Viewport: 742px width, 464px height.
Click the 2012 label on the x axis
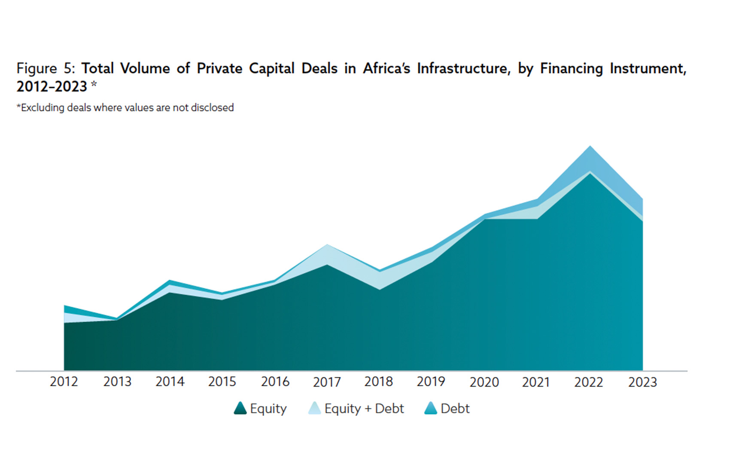pos(64,382)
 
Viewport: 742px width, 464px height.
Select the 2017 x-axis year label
pos(327,382)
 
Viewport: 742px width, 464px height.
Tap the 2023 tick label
pos(642,382)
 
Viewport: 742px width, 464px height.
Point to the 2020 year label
pos(484,382)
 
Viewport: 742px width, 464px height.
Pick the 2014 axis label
pos(170,382)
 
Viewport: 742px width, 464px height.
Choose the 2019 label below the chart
pos(431,382)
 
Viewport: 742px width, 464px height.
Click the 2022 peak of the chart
pos(590,147)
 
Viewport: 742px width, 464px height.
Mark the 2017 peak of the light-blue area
pos(327,245)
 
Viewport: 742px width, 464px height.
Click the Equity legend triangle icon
pos(240,408)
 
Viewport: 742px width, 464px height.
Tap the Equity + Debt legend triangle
pos(314,408)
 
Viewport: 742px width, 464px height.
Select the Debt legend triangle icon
pos(430,408)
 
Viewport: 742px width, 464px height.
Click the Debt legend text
pos(455,409)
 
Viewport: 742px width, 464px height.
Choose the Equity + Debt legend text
pos(364,409)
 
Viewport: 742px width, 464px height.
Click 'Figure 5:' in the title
pos(46,68)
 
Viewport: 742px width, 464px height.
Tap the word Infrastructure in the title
pos(464,68)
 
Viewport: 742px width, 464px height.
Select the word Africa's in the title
pos(386,68)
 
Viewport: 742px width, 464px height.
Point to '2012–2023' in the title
pos(52,87)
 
